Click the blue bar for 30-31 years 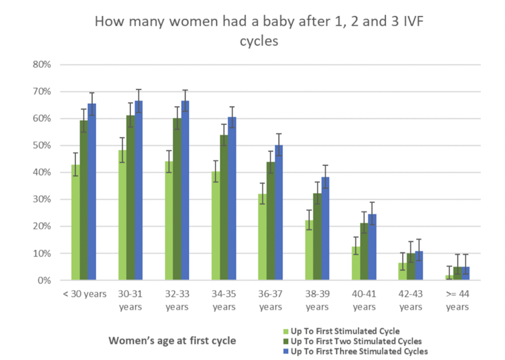tap(138, 190)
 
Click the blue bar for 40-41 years tap(371, 247)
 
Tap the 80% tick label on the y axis tap(52, 64)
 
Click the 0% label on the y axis tap(55, 280)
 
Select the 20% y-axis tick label tap(52, 227)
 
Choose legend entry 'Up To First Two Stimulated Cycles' tap(355, 340)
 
